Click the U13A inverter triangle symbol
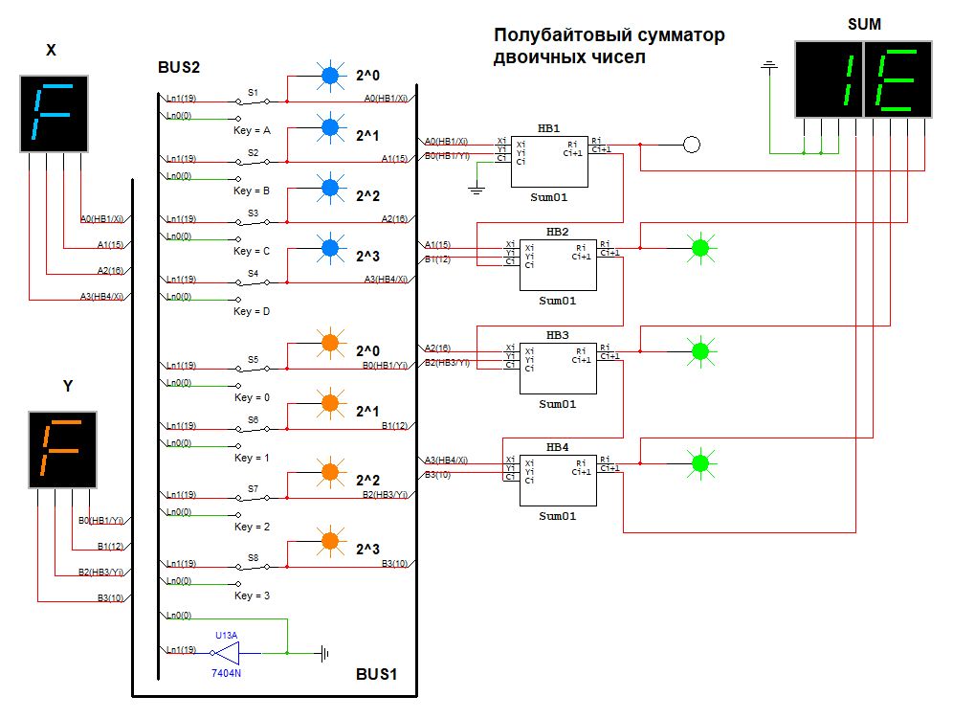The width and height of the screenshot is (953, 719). (x=226, y=653)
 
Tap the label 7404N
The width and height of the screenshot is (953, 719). (x=226, y=673)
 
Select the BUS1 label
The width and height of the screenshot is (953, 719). (x=375, y=673)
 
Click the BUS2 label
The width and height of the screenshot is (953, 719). (x=179, y=68)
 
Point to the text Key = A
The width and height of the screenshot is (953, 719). (x=253, y=129)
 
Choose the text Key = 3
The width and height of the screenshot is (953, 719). (x=253, y=595)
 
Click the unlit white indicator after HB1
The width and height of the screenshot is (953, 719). (x=692, y=145)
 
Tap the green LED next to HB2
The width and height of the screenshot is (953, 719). (x=700, y=248)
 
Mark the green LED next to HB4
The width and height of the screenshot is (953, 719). (x=700, y=463)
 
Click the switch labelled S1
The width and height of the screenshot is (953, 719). (x=254, y=99)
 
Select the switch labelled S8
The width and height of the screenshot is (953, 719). (x=254, y=565)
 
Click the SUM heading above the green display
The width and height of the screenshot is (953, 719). (x=864, y=24)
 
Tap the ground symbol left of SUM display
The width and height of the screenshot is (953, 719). (x=767, y=66)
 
